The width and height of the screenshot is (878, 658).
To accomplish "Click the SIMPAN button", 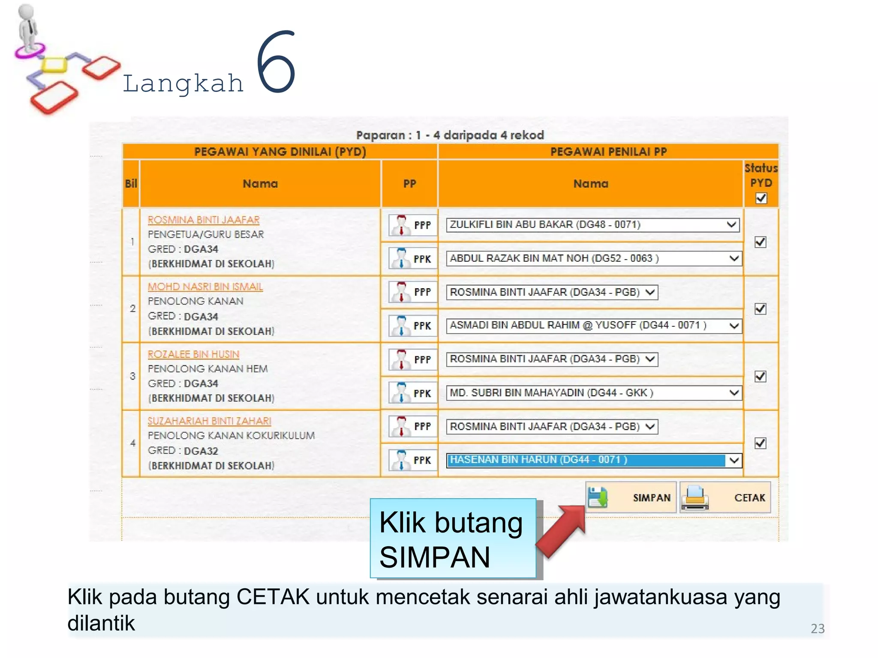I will pyautogui.click(x=631, y=497).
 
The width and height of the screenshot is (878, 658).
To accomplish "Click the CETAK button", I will pyautogui.click(x=725, y=497).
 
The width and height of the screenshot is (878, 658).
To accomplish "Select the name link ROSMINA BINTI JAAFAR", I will pyautogui.click(x=204, y=220).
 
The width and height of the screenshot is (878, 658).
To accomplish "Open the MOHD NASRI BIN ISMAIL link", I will pyautogui.click(x=205, y=287).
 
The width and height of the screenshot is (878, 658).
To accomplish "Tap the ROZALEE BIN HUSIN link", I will pyautogui.click(x=193, y=354).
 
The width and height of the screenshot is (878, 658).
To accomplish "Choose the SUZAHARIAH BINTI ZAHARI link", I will pyautogui.click(x=209, y=421).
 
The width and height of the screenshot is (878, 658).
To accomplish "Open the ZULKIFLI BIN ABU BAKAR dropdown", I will pyautogui.click(x=592, y=224).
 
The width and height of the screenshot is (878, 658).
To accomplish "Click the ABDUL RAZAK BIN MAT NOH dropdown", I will pyautogui.click(x=594, y=258).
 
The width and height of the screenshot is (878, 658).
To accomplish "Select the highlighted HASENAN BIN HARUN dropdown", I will pyautogui.click(x=594, y=460).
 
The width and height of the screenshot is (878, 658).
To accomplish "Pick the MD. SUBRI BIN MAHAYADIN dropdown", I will pyautogui.click(x=594, y=393).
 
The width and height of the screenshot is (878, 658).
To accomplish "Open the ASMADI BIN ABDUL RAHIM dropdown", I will pyautogui.click(x=594, y=326).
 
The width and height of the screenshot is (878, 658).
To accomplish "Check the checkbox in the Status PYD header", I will pyautogui.click(x=761, y=198).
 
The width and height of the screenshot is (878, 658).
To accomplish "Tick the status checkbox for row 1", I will pyautogui.click(x=760, y=242).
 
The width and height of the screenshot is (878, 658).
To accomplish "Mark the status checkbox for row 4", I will pyautogui.click(x=760, y=443).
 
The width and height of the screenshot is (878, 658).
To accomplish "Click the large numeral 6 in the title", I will pyautogui.click(x=276, y=62).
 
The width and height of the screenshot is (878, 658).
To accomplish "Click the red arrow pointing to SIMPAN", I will pyautogui.click(x=561, y=531).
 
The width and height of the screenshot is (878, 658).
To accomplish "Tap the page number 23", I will pyautogui.click(x=817, y=628).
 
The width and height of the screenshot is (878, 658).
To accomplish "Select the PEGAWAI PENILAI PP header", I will pyautogui.click(x=608, y=152).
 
